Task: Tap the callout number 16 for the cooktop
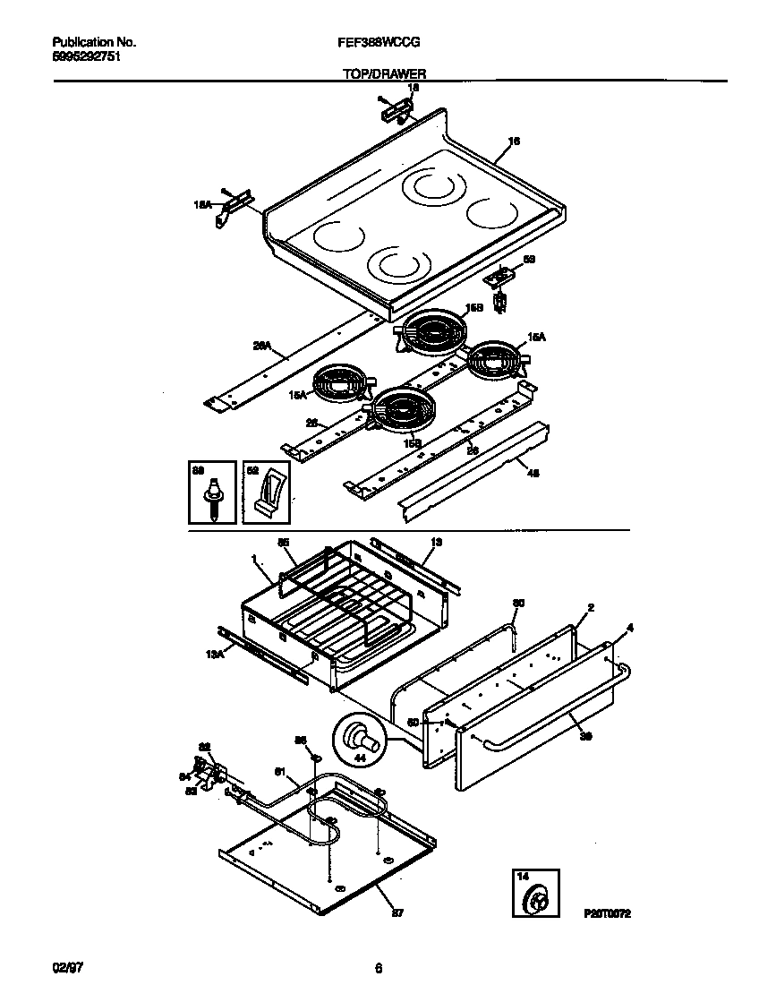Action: pyautogui.click(x=514, y=141)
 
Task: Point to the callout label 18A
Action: pyautogui.click(x=203, y=205)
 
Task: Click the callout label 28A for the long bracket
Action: pyautogui.click(x=261, y=343)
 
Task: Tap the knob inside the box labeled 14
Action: pyautogui.click(x=538, y=898)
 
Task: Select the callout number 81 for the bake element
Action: pyautogui.click(x=278, y=771)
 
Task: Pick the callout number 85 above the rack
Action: pyautogui.click(x=283, y=543)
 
